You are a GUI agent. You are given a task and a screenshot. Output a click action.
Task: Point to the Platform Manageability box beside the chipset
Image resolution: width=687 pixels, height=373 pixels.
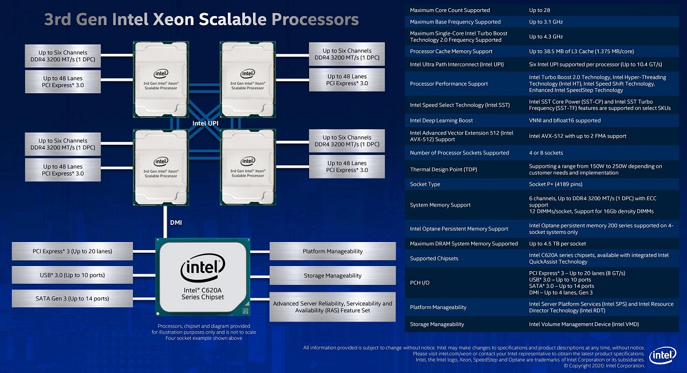332,251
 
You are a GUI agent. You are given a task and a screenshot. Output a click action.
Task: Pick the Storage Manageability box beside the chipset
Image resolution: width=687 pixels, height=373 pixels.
332,275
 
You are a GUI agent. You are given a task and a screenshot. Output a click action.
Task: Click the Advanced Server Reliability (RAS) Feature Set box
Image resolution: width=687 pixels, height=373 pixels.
332,307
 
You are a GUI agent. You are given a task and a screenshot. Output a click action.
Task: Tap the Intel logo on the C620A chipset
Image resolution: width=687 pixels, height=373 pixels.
202,268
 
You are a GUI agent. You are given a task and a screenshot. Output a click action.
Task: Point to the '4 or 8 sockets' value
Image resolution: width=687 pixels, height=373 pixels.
546,153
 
